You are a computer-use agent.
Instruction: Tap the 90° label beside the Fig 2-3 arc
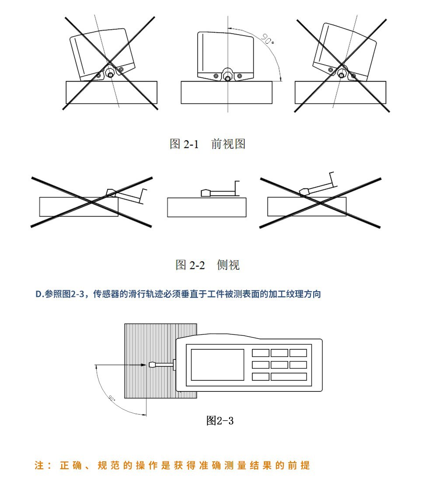112,398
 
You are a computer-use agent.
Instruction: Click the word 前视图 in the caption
228,144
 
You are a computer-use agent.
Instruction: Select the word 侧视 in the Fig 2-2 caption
228,265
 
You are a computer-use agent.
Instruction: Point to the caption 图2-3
220,421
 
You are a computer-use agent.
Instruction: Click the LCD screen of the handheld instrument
217,364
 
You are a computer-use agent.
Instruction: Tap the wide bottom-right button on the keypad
289,376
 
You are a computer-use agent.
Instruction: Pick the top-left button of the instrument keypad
261,353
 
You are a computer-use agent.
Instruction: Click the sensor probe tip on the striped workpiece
153,364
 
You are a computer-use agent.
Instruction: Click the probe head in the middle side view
206,192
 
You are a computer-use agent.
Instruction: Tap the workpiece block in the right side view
306,206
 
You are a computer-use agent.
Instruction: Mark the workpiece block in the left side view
79,207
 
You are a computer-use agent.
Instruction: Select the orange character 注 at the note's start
39,466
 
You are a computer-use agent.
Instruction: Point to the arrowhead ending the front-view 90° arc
280,79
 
